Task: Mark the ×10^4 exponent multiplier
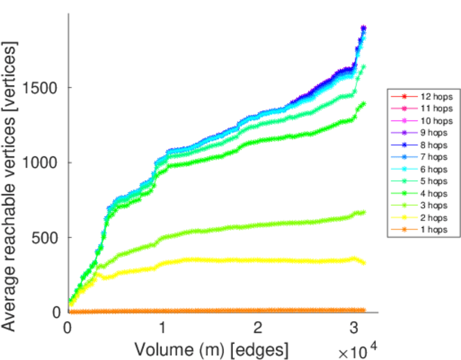(x=359, y=350)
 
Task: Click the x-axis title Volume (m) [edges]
(x=211, y=349)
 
